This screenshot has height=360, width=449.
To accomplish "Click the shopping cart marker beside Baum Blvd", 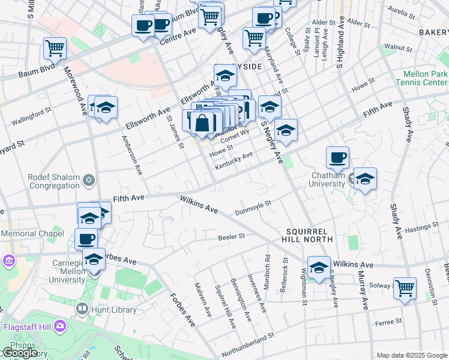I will click(x=55, y=47).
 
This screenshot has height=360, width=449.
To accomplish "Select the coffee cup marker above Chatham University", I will click(x=338, y=157).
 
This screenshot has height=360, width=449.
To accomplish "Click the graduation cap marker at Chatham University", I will click(x=364, y=179).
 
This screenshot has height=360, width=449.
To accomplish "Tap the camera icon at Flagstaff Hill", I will click(x=59, y=326).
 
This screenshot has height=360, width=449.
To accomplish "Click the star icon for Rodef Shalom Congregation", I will click(x=89, y=180).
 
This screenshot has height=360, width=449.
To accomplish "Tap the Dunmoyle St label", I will click(x=253, y=206).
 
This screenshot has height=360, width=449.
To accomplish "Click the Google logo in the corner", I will click(x=20, y=353).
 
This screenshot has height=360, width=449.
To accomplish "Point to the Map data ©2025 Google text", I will click(x=411, y=355).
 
